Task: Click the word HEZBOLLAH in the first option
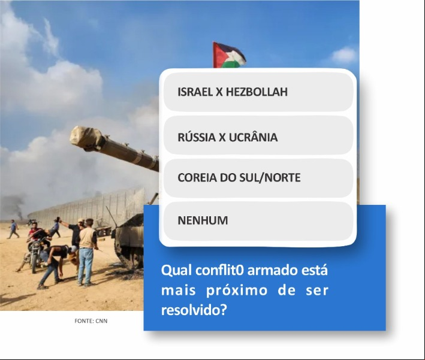[x=257, y=92]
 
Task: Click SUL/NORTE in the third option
[x=270, y=178]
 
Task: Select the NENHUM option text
[x=203, y=220]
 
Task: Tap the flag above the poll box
[x=229, y=55]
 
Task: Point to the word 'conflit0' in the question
[x=219, y=270]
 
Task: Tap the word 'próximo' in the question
[x=237, y=291]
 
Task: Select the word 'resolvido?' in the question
[x=194, y=310]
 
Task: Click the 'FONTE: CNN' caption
[x=91, y=321]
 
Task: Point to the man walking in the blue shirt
[x=13, y=229]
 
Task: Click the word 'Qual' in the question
[x=176, y=271]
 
